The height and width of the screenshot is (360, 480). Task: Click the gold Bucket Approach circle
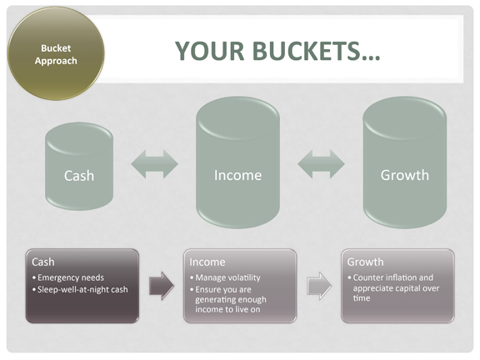(56, 53)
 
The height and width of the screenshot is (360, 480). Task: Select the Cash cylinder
(79, 166)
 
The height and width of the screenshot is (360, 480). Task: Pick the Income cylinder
(237, 162)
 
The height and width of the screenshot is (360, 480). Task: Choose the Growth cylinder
(405, 162)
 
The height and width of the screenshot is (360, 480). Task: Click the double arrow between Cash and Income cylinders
(155, 164)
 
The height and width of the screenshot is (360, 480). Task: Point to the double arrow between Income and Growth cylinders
(321, 164)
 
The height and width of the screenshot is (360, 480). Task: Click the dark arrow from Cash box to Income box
(162, 286)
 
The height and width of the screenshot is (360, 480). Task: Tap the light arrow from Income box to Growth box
(319, 286)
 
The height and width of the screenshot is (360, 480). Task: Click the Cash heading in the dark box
(43, 262)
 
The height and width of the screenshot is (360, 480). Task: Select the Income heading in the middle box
(207, 262)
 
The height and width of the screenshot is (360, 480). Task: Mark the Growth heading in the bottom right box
(365, 262)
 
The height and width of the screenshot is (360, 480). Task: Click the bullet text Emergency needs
(71, 277)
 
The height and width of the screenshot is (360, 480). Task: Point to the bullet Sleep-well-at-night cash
(82, 290)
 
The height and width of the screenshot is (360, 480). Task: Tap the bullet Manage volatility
(228, 277)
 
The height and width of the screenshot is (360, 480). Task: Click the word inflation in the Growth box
(401, 277)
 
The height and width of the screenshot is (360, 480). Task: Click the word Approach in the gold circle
(56, 61)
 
